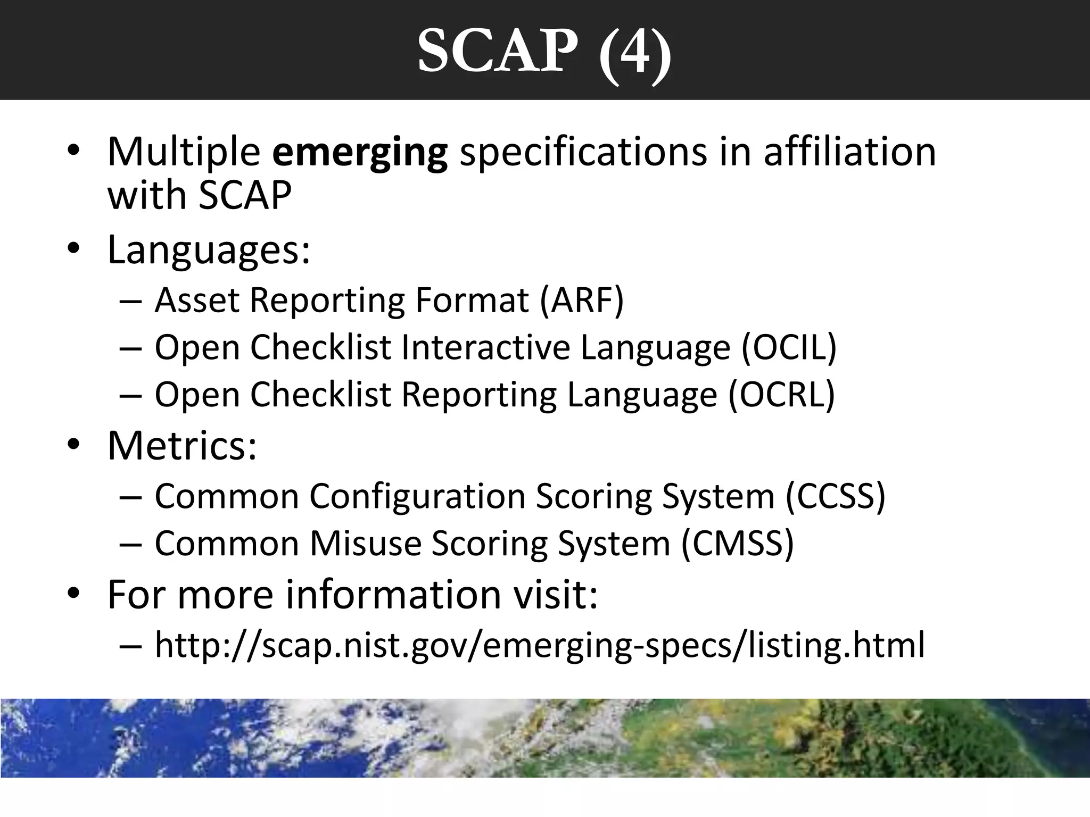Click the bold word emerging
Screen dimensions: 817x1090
tap(360, 153)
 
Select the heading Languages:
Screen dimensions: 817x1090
tap(209, 249)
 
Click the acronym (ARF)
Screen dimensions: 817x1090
tap(582, 300)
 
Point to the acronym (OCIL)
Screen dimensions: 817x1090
tap(789, 347)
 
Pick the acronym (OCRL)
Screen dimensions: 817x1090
tap(782, 395)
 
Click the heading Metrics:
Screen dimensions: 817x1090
tap(182, 445)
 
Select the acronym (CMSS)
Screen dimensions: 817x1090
tap(738, 544)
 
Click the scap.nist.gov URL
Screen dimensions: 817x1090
tap(540, 645)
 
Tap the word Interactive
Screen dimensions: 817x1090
tap(485, 347)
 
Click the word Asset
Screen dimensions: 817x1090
tap(197, 300)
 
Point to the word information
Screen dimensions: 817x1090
tap(393, 594)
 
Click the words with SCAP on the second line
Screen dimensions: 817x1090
tap(200, 195)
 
